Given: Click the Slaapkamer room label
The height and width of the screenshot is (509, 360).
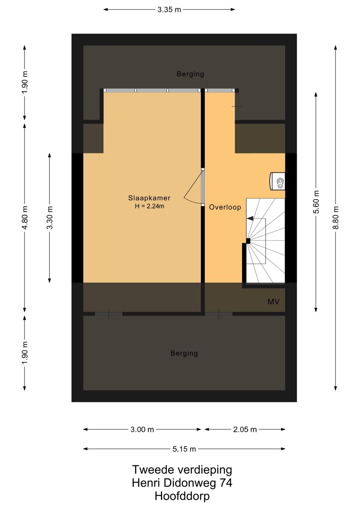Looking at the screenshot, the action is (149, 198).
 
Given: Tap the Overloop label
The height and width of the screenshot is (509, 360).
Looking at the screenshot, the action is (225, 207).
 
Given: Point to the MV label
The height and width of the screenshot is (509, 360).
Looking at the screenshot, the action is (273, 302).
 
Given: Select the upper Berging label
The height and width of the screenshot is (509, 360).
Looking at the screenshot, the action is (190, 74).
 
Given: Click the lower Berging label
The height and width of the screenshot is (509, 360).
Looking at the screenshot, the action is (184, 353).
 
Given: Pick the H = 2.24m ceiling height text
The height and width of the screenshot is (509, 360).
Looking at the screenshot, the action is (149, 206).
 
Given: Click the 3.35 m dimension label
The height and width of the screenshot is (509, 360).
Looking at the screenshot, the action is (169, 10).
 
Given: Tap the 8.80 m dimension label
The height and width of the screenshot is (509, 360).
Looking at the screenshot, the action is (336, 217).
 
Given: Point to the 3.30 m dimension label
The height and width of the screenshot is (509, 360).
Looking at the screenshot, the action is (50, 217).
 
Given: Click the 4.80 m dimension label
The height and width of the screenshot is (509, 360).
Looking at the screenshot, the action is (25, 217).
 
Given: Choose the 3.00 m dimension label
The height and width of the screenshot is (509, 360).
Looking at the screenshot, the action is (142, 430).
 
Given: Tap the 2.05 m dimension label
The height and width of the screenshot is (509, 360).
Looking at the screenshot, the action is (245, 430).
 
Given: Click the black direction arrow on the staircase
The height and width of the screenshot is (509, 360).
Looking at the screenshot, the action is (250, 218).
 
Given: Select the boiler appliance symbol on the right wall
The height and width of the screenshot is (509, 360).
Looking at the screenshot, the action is (277, 181).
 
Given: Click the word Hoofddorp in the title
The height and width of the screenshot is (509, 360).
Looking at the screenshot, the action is (182, 496).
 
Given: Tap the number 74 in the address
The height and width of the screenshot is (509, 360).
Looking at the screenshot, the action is (226, 483).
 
